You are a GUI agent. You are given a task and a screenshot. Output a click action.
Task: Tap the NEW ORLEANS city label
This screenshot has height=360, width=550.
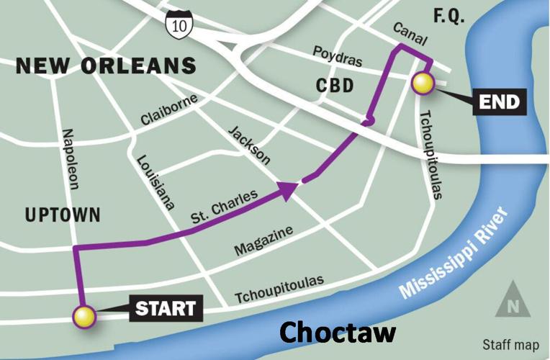click(106, 66)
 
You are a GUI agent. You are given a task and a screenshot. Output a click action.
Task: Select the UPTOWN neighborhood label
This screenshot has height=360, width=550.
click(63, 215)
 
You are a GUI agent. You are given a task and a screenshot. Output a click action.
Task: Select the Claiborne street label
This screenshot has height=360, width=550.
click(169, 109)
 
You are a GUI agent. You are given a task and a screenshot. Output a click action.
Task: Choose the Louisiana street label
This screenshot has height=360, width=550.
click(155, 181)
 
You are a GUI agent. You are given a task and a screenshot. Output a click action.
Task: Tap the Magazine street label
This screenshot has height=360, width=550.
click(263, 240)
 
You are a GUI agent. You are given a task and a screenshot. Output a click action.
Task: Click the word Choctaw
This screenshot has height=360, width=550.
click(338, 332)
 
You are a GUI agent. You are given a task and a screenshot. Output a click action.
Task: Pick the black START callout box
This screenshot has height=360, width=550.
click(166, 309)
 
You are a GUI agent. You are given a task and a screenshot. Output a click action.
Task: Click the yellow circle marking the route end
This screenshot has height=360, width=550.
click(423, 84)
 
